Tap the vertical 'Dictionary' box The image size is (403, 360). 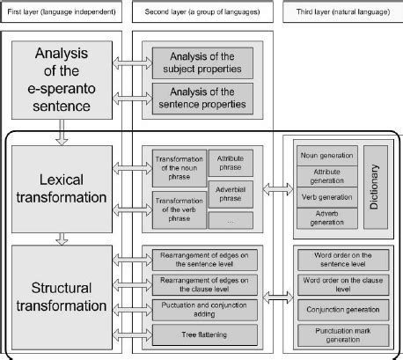[x=374, y=181]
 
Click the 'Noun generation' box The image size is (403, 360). [x=326, y=154]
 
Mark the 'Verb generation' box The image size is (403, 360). [x=326, y=195]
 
